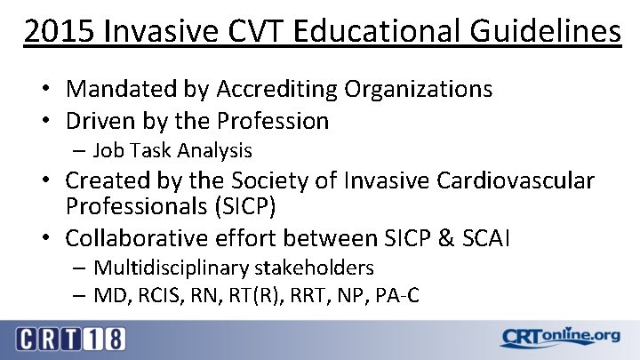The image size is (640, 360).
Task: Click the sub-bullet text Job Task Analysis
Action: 172,151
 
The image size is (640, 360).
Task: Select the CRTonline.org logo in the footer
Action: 559,338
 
